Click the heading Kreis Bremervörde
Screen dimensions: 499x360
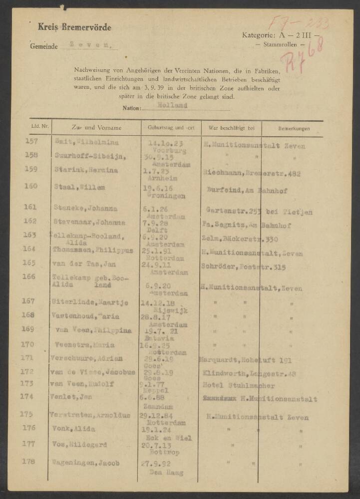point(74,27)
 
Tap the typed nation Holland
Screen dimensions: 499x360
point(172,105)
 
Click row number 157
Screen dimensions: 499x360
point(31,141)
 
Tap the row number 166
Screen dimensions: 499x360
point(29,276)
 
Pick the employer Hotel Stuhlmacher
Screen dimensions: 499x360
point(239,385)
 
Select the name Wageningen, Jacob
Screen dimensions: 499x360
point(85,463)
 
